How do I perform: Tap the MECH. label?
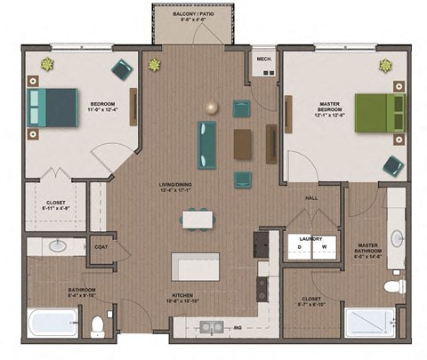[x=263, y=60]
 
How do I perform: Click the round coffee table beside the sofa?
[x=211, y=107]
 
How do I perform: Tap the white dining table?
[x=197, y=219]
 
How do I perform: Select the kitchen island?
[x=195, y=265]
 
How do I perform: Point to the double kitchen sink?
[x=211, y=326]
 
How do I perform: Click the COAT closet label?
[x=101, y=248]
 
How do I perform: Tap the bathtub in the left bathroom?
[x=52, y=323]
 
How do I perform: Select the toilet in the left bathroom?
[x=98, y=326]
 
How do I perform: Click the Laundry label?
[x=310, y=238]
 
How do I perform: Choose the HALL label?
[x=311, y=198]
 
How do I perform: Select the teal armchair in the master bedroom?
[x=392, y=164]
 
